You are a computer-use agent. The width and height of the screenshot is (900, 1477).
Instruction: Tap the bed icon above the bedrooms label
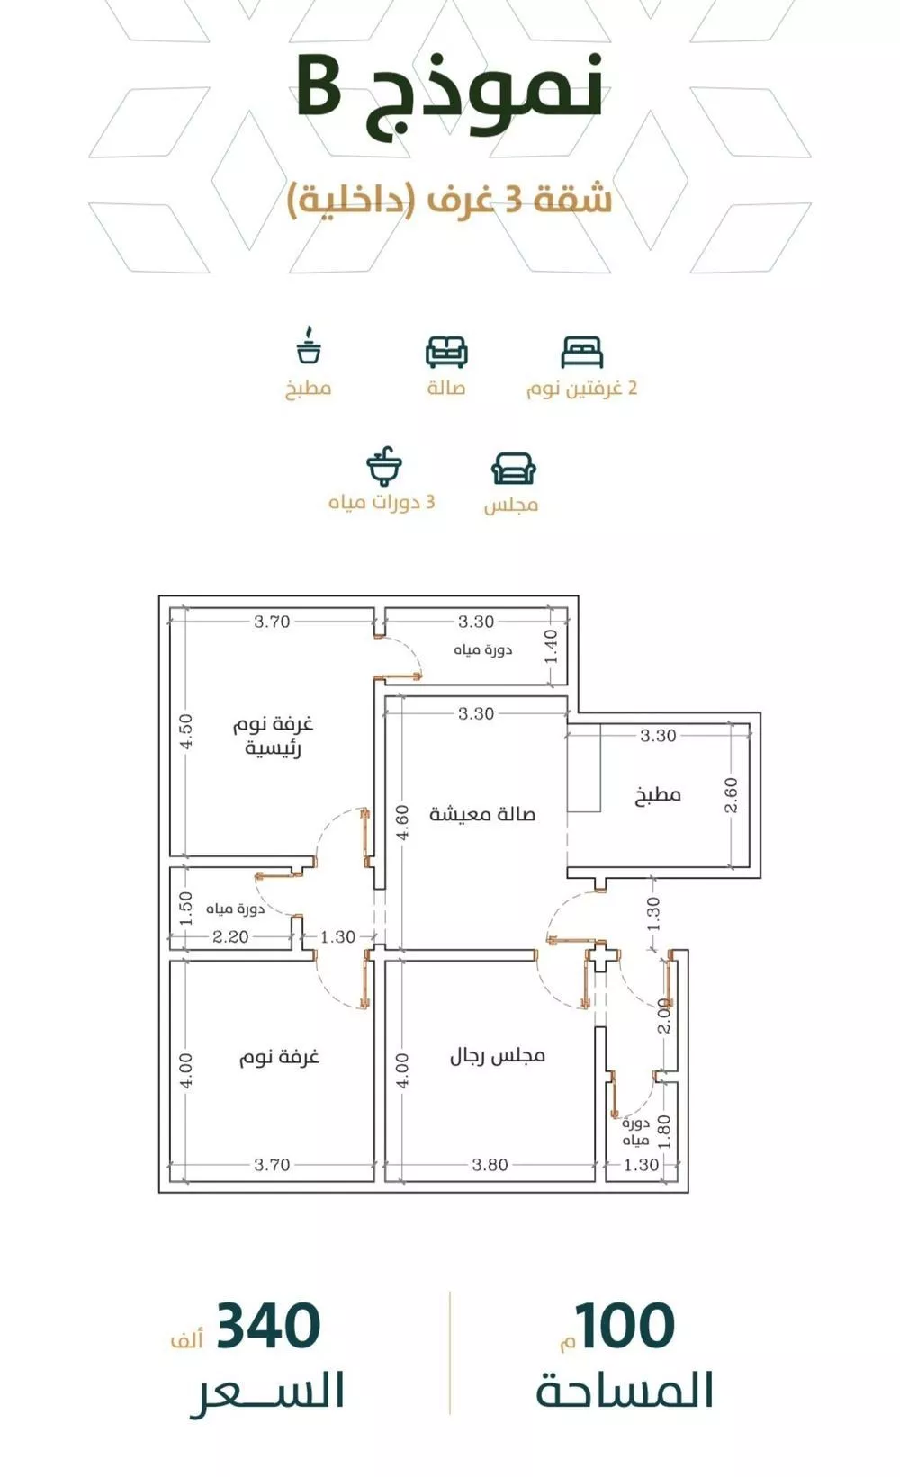pos(581,352)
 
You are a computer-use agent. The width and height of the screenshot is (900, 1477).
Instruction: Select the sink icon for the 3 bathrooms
pos(383,466)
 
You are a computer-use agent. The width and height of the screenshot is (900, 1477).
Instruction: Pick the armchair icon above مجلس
pos(513,469)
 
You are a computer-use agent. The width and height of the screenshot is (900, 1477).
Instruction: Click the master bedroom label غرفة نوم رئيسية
pos(274,736)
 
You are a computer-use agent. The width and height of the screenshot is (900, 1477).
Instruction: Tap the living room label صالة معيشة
pos(482,814)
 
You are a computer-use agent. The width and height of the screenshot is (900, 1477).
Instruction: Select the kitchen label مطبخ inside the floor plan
pos(658,795)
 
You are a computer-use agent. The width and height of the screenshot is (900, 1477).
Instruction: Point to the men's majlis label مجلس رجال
pos(498,1055)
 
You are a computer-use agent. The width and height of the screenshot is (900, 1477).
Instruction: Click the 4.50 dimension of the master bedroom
pos(185,732)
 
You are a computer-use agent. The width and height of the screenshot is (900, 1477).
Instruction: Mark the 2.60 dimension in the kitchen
pos(731,795)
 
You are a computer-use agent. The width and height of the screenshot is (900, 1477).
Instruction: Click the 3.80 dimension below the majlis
pos(490,1165)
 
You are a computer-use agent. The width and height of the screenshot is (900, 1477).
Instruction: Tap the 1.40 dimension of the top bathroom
pos(552,646)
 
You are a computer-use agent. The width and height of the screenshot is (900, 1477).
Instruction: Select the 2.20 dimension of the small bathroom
pos(230,936)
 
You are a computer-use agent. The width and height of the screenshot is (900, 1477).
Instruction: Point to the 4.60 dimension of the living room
pos(402,822)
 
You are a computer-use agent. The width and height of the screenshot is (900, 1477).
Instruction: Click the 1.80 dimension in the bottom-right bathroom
pos(664,1132)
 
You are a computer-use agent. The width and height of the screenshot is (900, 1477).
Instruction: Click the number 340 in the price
pos(268,1326)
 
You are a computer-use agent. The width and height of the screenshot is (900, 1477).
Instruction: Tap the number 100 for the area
pos(625,1326)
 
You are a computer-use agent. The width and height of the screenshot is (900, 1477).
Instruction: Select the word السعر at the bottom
pos(268,1391)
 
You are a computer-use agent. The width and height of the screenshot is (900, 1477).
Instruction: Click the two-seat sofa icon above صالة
pos(446,352)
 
